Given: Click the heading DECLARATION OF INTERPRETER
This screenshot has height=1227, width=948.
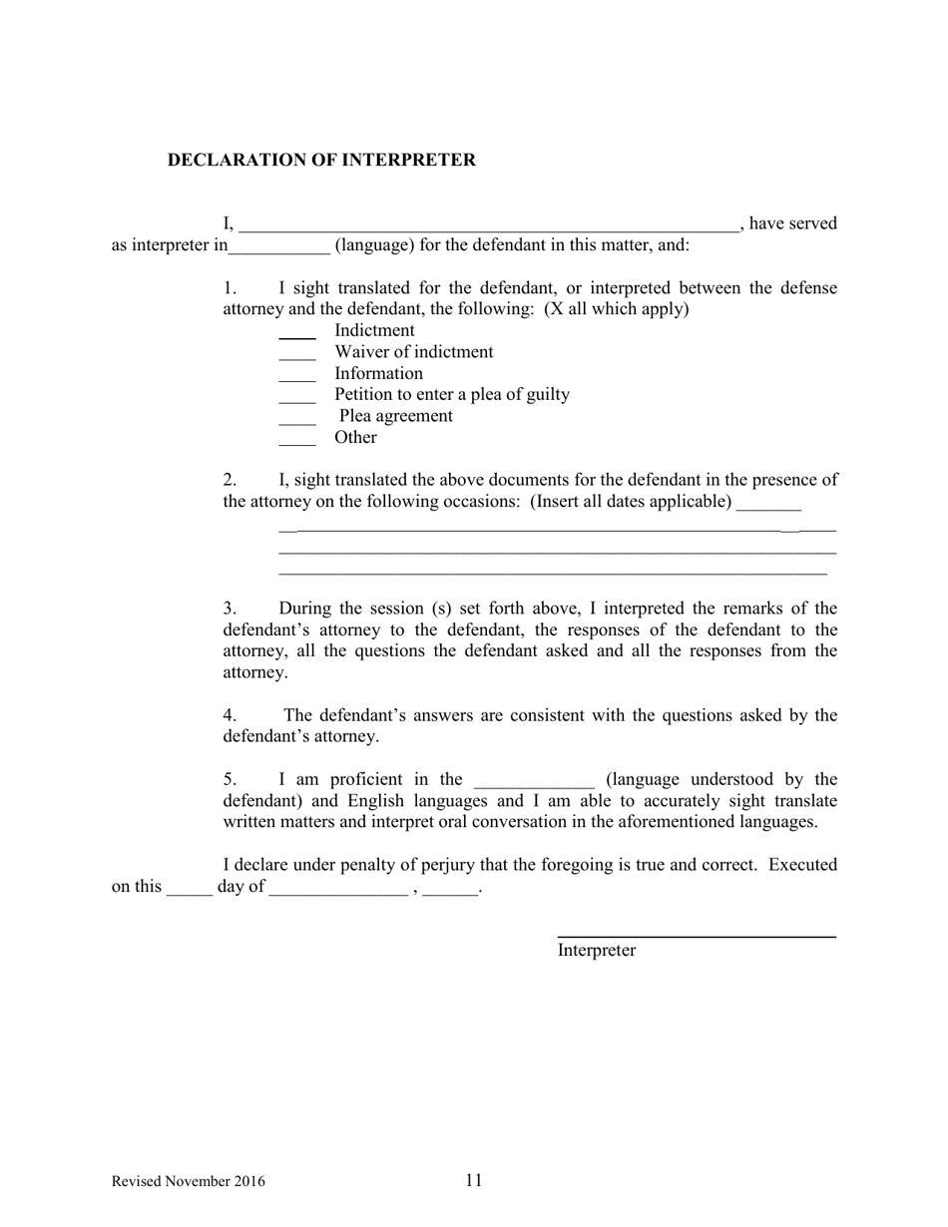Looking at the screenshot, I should (321, 160).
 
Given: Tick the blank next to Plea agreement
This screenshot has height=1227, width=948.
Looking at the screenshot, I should (296, 421).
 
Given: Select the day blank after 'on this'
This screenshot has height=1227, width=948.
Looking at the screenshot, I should (189, 891).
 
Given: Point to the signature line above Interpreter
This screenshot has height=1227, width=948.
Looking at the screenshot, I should (696, 937).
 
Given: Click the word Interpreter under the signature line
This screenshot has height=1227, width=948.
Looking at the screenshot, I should (596, 951).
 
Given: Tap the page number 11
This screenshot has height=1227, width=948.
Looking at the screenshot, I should (473, 1181).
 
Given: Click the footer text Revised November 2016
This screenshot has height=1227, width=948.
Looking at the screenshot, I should (189, 1182).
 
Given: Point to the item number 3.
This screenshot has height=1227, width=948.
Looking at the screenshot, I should (229, 609).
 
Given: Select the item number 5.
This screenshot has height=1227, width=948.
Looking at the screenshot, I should (229, 779).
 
